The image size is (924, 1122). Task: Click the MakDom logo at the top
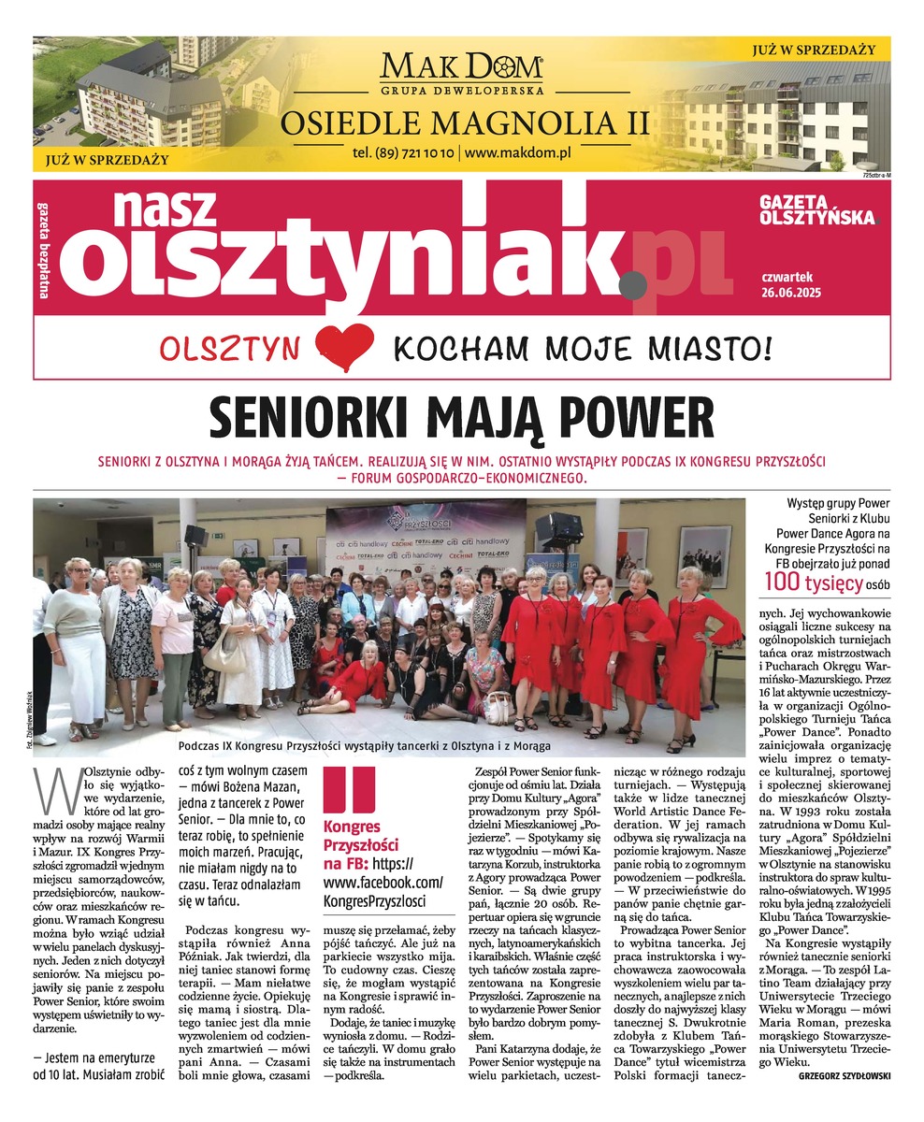pyautogui.click(x=462, y=68)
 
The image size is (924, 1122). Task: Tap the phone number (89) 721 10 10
pyautogui.click(x=404, y=152)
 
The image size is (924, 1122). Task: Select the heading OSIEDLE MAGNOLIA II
pyautogui.click(x=462, y=122)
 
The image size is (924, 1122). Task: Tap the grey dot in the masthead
pyautogui.click(x=633, y=280)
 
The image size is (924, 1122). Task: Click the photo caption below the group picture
pyautogui.click(x=363, y=745)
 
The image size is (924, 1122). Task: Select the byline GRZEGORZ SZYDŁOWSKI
pyautogui.click(x=845, y=1075)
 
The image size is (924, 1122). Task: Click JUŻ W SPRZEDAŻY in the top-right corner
pyautogui.click(x=813, y=49)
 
